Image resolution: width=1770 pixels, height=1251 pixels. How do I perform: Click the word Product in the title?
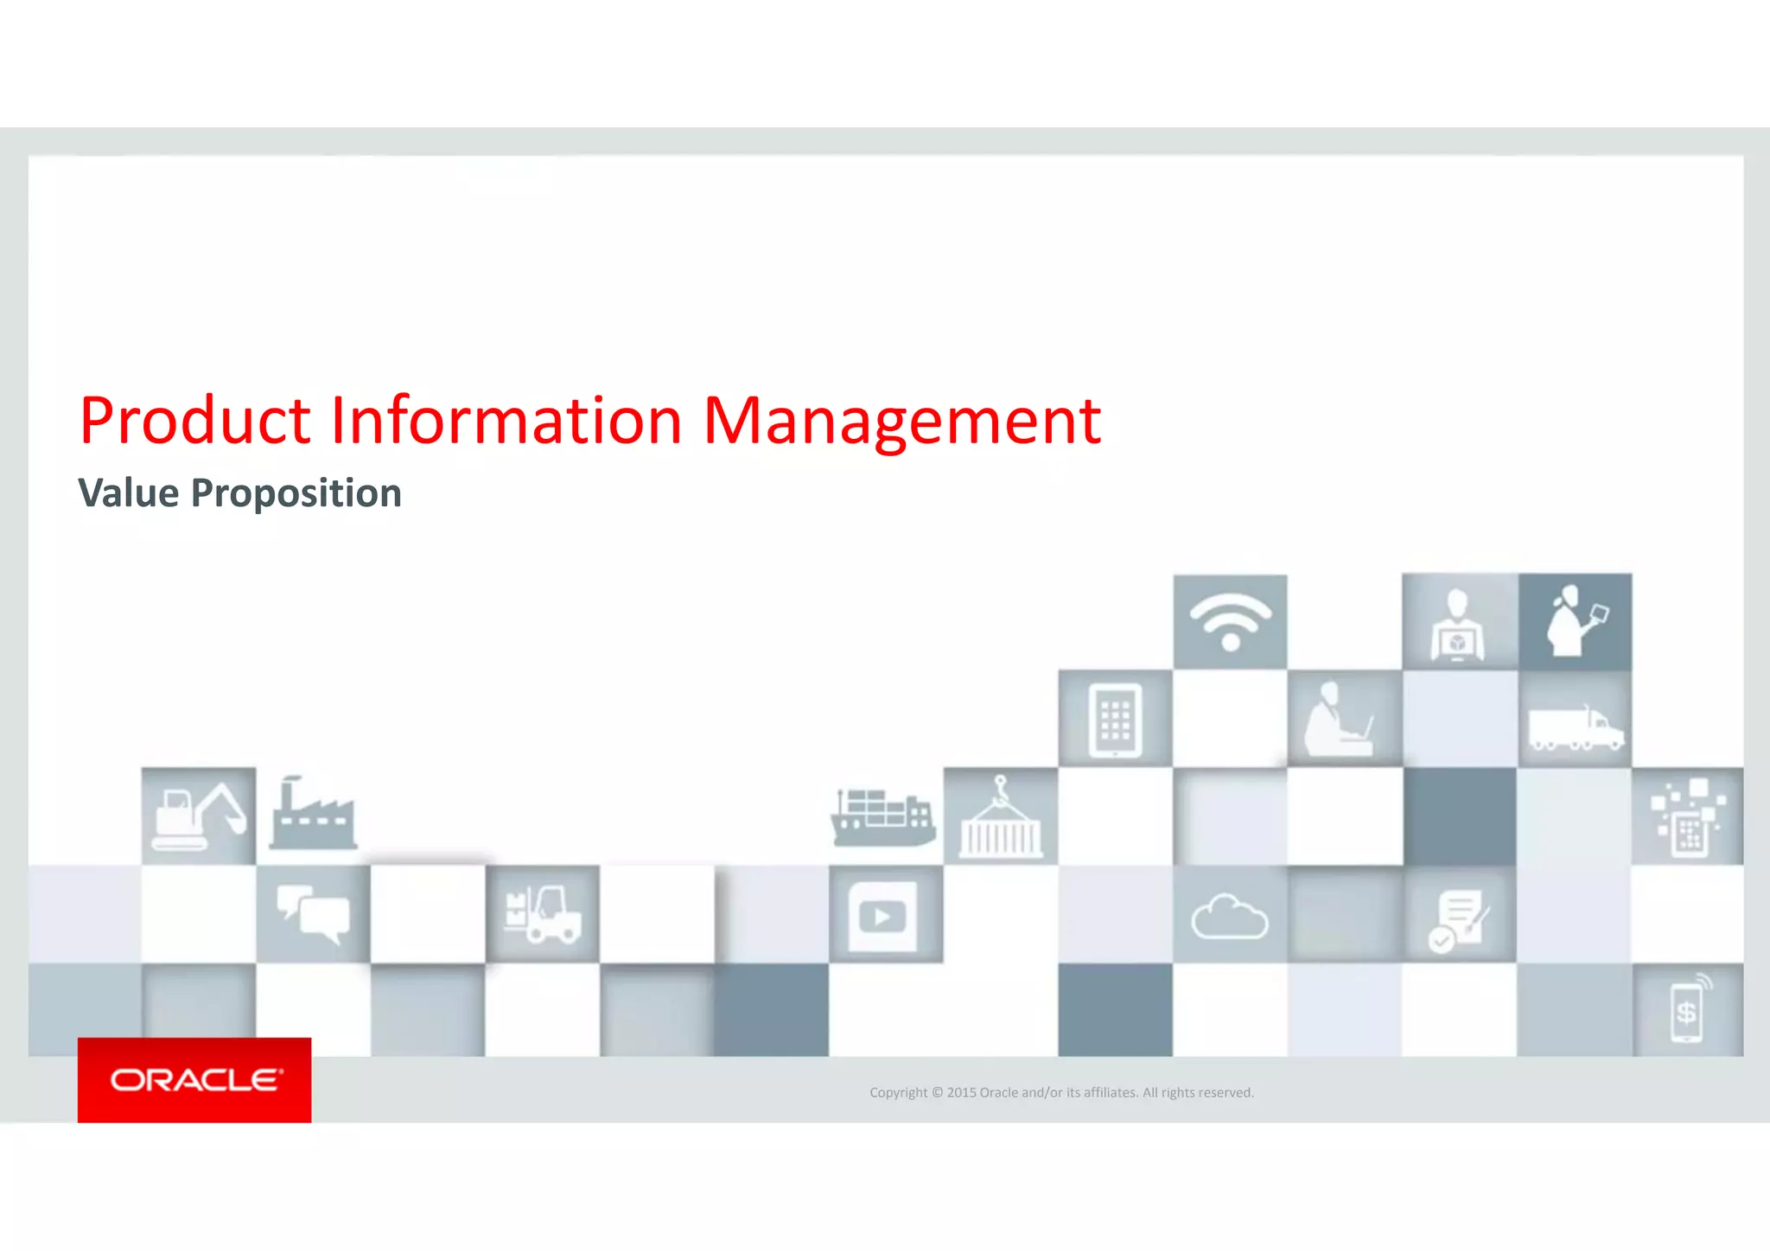[x=194, y=421]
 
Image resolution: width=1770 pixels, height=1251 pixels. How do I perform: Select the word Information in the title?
[x=506, y=421]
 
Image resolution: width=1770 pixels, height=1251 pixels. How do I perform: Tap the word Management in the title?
[x=901, y=421]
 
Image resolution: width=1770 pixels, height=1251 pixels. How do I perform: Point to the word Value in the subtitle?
[x=129, y=493]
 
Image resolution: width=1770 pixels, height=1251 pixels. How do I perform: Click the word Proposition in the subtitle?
[x=296, y=494]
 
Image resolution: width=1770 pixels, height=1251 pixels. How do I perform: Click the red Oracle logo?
[x=194, y=1080]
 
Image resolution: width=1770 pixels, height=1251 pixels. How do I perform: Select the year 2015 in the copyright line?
[x=961, y=1093]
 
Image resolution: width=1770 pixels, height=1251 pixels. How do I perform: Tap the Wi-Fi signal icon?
[x=1230, y=621]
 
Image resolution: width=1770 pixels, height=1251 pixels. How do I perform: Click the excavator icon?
[x=199, y=816]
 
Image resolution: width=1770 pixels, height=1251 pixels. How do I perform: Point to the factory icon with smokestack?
[x=312, y=814]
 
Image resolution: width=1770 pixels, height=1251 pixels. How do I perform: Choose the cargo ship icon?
[x=882, y=816]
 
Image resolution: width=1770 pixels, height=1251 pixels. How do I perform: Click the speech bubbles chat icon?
[x=313, y=914]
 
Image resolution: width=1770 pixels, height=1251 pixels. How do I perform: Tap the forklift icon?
[x=543, y=914]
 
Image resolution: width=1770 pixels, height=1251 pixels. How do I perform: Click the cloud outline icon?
[x=1229, y=917]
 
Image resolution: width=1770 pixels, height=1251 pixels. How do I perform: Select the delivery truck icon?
[x=1575, y=727]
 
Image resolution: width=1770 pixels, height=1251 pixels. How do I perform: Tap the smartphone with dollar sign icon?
[x=1687, y=1010]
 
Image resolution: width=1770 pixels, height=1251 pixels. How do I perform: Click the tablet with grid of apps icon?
[x=1115, y=720]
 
